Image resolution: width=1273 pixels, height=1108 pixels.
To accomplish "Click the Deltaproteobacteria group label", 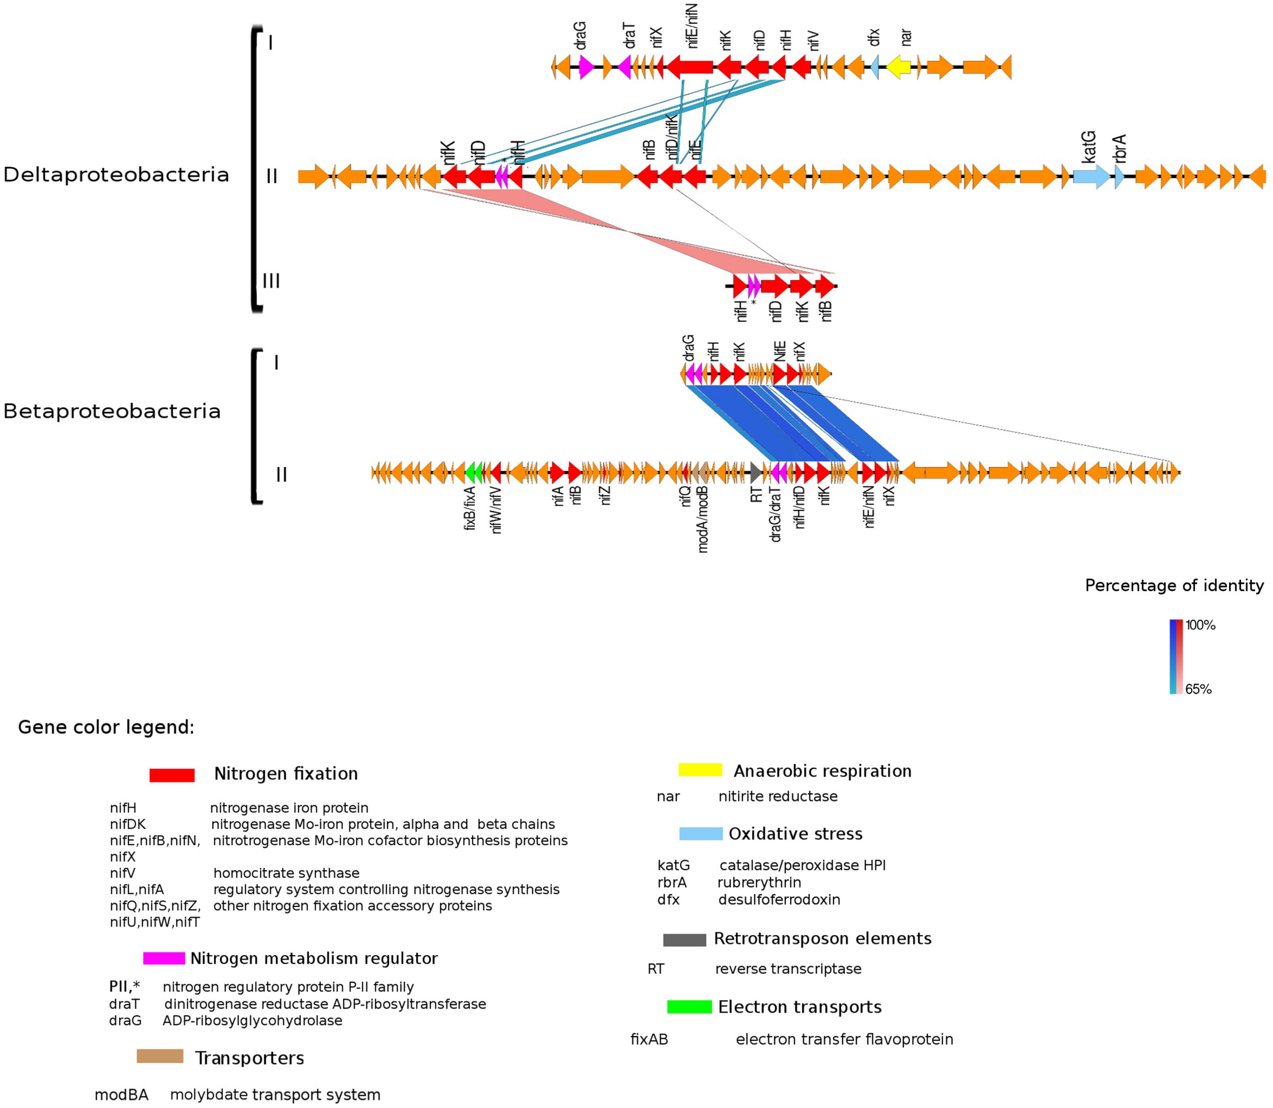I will click(116, 175).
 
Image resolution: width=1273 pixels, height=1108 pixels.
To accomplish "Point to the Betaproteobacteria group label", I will click(112, 411).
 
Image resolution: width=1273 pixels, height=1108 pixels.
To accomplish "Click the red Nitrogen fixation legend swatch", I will click(172, 775).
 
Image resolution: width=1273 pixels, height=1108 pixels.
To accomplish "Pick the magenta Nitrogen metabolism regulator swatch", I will click(164, 958).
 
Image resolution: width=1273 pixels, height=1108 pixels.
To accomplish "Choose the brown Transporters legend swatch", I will click(159, 1056).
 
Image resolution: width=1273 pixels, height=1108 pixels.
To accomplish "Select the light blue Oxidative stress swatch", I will click(701, 834).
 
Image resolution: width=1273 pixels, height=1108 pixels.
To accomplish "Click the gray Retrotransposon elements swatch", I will click(684, 940).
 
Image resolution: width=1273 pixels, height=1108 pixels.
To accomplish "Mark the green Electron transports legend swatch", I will click(689, 1007).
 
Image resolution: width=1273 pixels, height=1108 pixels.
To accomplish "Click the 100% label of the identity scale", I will click(1200, 625).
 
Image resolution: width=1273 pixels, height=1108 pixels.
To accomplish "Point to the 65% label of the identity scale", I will click(1198, 689).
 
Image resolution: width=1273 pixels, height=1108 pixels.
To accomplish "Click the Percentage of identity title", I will click(1174, 586).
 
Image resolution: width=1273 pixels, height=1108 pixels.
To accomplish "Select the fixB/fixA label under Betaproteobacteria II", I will click(470, 508).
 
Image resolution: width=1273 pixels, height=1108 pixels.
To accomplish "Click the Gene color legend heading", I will click(106, 727).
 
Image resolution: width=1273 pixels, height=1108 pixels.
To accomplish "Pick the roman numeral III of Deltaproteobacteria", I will click(271, 281).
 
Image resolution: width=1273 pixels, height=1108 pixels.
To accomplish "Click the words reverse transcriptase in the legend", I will click(788, 969).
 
